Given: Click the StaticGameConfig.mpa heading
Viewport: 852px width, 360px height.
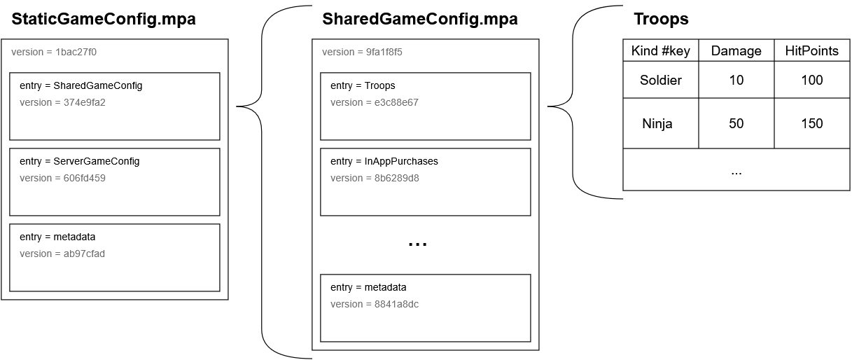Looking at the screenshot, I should [103, 20].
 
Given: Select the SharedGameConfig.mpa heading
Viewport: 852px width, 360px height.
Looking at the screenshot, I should [420, 20].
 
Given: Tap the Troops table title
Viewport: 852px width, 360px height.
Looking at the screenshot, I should [661, 20].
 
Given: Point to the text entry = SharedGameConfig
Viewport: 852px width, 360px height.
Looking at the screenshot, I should [81, 85].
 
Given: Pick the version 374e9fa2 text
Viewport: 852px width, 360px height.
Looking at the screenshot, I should [62, 102].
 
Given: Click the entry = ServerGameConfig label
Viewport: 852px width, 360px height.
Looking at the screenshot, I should [79, 161].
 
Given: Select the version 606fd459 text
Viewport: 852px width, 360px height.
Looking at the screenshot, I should [62, 178].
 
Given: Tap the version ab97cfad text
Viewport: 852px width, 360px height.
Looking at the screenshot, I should [62, 254].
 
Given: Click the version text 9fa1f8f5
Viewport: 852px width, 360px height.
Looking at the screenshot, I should [362, 52].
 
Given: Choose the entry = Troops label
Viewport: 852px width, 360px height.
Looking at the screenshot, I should [363, 85].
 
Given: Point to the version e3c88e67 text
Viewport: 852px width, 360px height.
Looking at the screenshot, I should [375, 102].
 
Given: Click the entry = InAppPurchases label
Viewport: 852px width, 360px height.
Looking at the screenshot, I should [384, 161].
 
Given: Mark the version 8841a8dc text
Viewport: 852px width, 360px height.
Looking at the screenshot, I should [375, 304].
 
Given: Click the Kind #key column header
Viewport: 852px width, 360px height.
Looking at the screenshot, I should [660, 50].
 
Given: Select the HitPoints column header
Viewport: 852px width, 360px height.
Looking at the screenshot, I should [811, 50].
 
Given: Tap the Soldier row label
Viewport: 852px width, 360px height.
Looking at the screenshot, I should [660, 80].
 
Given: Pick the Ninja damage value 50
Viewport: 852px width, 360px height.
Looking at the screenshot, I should [736, 123].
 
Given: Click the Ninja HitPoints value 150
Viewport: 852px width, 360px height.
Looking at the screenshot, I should [811, 123].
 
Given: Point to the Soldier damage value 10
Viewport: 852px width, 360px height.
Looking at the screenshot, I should [736, 80].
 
